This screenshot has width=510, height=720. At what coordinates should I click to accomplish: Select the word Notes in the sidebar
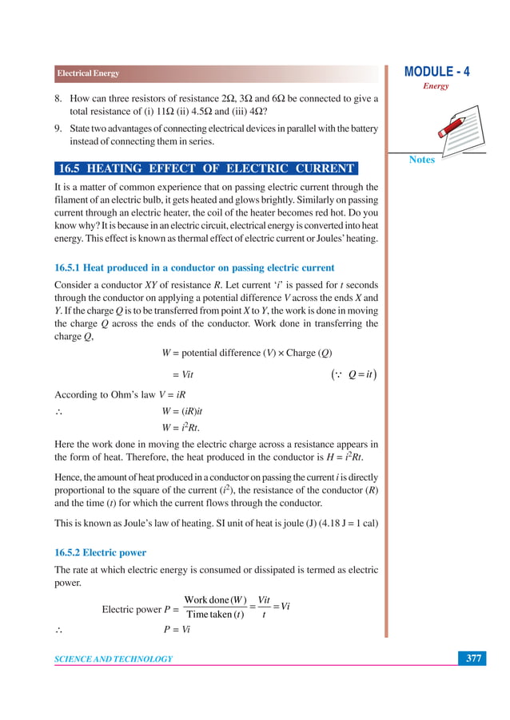(x=422, y=160)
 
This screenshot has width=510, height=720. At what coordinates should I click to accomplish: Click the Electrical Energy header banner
(x=88, y=73)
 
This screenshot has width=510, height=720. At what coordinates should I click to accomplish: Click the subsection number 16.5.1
(x=71, y=267)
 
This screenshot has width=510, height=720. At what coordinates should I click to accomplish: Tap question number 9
(x=58, y=129)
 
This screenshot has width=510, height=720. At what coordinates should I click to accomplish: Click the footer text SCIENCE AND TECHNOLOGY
(x=114, y=659)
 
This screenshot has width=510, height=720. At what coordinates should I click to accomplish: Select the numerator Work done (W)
(x=215, y=599)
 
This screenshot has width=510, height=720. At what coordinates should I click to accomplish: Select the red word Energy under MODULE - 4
(x=436, y=86)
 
